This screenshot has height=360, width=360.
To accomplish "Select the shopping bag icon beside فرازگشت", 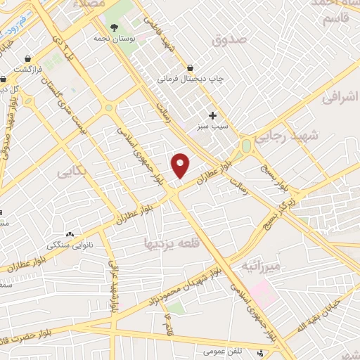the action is click(27, 58).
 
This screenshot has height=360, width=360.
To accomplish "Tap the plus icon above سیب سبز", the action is click(213, 115).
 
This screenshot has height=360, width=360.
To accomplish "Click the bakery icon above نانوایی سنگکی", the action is click(70, 234).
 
